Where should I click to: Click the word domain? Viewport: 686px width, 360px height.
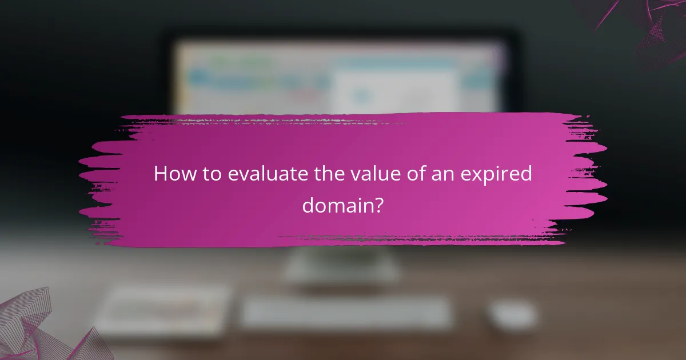tap(337, 204)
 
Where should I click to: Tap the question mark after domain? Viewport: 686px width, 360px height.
tap(378, 204)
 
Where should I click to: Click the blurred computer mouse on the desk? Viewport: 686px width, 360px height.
tap(513, 315)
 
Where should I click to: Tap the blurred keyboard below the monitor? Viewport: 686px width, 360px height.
tap(346, 313)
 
